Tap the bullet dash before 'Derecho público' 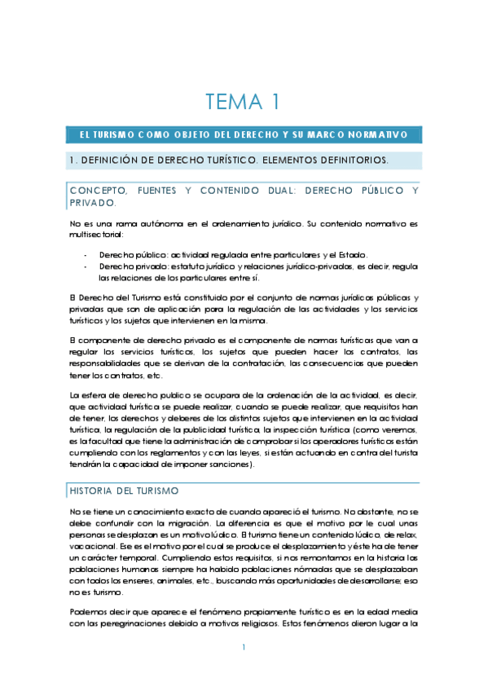point(85,254)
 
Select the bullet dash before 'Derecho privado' point(85,266)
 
